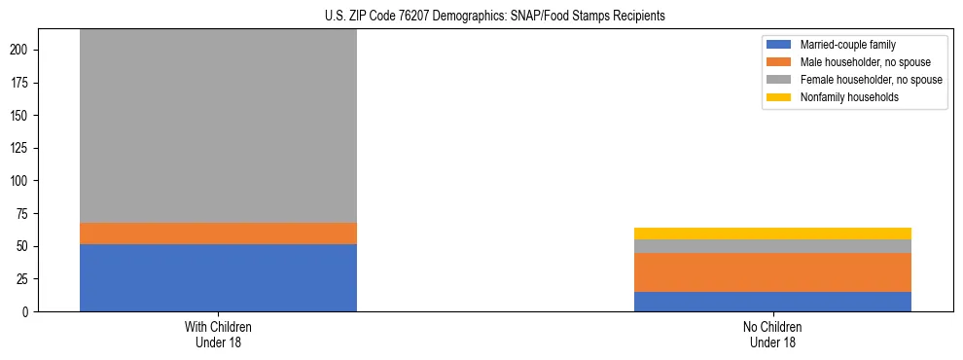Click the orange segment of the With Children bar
click(218, 234)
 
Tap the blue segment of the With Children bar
click(218, 278)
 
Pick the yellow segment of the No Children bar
click(772, 234)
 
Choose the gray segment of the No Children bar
click(772, 246)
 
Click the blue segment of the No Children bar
click(772, 302)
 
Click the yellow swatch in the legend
click(780, 97)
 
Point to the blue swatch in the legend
click(780, 45)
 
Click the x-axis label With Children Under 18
click(218, 334)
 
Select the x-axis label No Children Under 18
click(772, 334)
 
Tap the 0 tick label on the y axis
click(31, 312)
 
